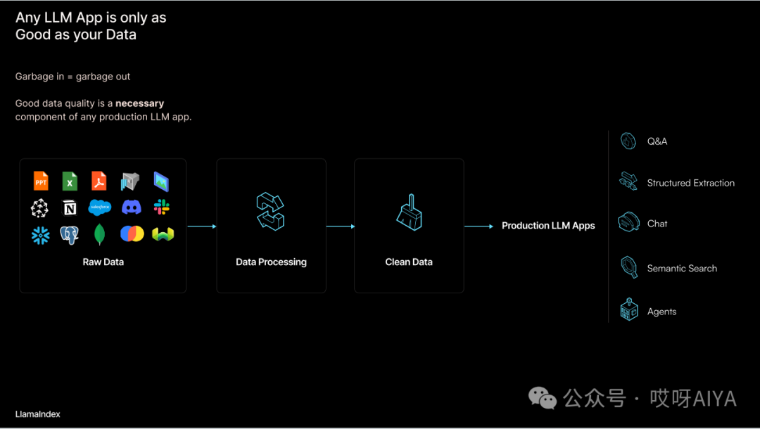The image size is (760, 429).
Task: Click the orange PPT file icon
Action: [42, 181]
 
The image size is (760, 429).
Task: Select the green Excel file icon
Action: [70, 181]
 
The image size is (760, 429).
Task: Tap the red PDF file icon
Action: [99, 181]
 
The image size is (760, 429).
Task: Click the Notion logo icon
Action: [70, 207]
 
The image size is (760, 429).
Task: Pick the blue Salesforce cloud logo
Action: [100, 207]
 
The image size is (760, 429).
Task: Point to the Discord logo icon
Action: [132, 207]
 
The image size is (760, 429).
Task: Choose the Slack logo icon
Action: [161, 207]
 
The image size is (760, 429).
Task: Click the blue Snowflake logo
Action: [41, 236]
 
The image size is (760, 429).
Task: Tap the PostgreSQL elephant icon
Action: [69, 235]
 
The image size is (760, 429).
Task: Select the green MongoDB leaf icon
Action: [99, 234]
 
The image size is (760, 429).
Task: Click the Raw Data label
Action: [103, 262]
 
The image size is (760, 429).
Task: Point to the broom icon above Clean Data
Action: [410, 212]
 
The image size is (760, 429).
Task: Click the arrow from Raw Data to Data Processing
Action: [202, 226]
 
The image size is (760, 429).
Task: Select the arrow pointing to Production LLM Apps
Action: [479, 226]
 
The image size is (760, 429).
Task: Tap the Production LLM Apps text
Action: [548, 226]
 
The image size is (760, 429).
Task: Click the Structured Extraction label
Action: [691, 183]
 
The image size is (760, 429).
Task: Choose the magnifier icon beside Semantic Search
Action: [629, 267]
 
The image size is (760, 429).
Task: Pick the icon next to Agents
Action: [629, 309]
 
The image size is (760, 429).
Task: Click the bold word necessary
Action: [139, 103]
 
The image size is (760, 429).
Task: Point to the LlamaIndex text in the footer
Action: [38, 414]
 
